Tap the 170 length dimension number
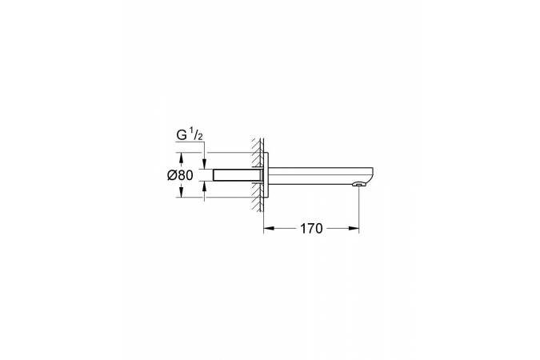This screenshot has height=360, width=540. coord(311,228)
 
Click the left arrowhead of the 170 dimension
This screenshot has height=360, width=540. coord(267,228)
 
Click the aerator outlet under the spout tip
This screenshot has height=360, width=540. coord(358,186)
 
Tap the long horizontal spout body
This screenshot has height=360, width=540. coord(320,174)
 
